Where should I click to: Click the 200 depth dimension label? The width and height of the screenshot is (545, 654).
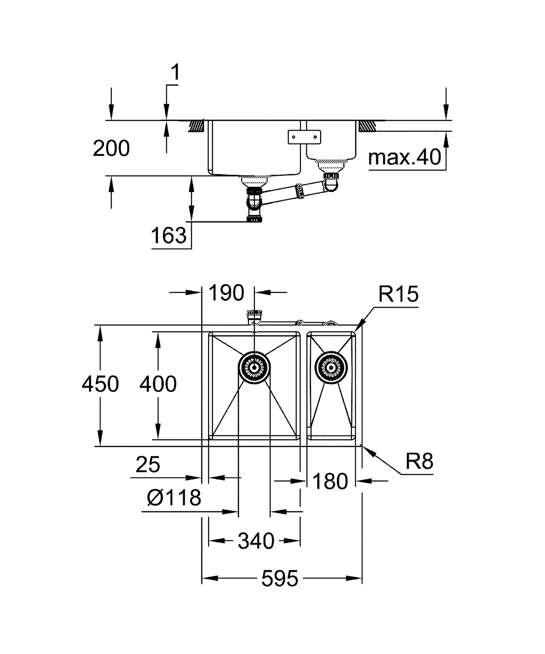[111, 148]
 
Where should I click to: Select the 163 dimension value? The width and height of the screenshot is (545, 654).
[168, 236]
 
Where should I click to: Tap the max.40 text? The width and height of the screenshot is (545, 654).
[404, 157]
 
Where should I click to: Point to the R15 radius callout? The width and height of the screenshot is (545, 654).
[398, 294]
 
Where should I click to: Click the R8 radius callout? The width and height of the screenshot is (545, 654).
[419, 461]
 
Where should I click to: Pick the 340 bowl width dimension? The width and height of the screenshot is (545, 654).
[256, 541]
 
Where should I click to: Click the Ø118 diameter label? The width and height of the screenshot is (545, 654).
[174, 498]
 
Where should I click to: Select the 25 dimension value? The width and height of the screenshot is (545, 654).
[148, 465]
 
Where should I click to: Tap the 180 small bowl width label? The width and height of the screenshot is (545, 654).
[330, 481]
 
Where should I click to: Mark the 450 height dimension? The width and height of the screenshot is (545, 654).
[100, 384]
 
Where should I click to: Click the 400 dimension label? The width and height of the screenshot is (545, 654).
[158, 384]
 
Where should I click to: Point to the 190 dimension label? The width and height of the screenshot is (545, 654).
[226, 293]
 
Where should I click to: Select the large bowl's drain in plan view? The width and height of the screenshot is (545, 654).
[254, 368]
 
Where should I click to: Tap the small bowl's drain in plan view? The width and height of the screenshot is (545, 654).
[331, 368]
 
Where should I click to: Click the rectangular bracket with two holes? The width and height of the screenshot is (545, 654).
[304, 137]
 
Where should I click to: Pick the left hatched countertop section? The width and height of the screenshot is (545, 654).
[196, 126]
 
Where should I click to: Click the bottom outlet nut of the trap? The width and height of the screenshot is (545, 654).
[254, 219]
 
